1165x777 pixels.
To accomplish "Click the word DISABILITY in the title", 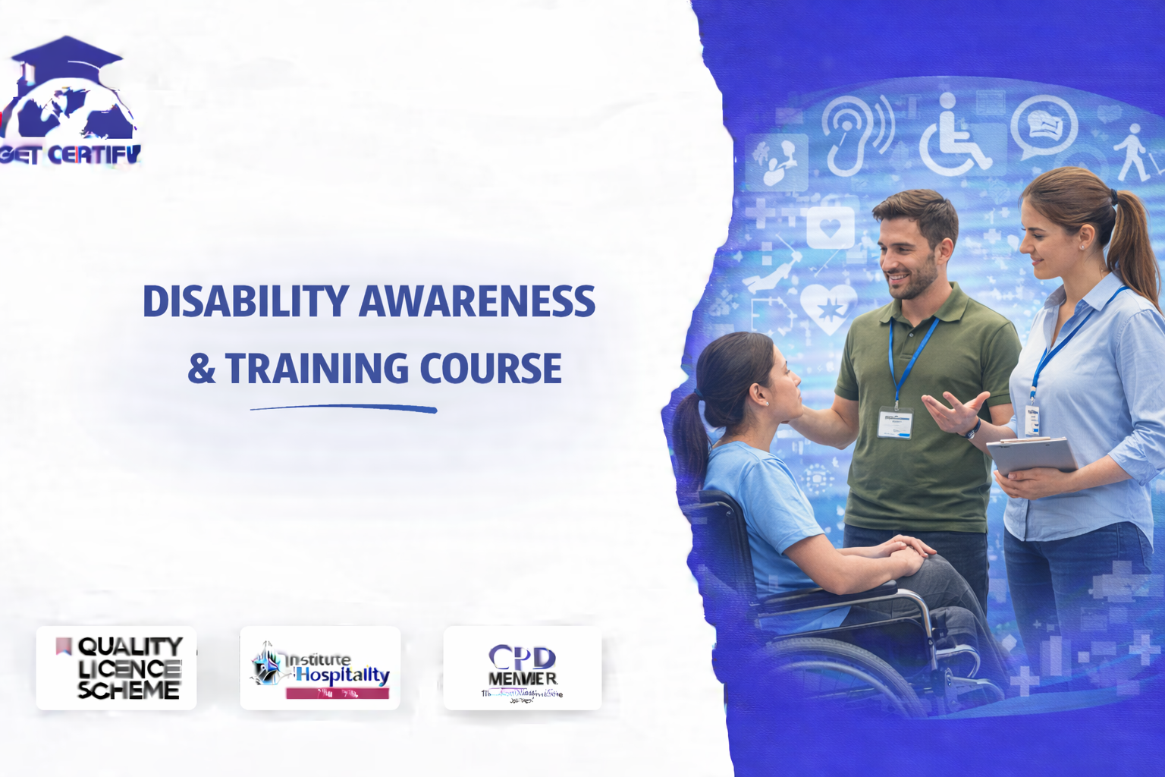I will (245, 301).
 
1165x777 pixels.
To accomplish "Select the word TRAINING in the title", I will (318, 369).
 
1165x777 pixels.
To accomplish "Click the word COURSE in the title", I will (490, 369).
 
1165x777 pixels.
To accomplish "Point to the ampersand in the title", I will (201, 370).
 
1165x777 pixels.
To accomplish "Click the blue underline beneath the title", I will (344, 409).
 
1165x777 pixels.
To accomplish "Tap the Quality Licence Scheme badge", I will (116, 668).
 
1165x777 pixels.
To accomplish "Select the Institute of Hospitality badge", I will (320, 668).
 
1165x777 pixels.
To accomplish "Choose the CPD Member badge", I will (522, 668).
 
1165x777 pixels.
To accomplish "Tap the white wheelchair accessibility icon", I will (953, 137).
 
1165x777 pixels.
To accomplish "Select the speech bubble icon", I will (1044, 126).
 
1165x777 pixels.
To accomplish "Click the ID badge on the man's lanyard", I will (894, 423).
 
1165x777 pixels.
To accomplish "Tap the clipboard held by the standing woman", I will (1032, 455).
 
